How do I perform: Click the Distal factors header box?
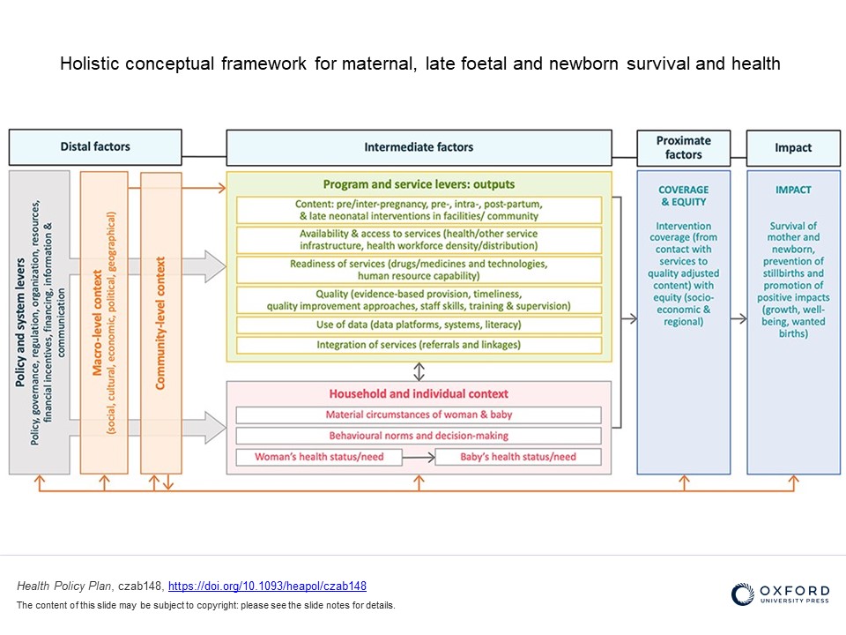(x=95, y=147)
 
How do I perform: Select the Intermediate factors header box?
(x=419, y=147)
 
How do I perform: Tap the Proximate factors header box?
(x=683, y=147)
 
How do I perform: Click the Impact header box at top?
(x=793, y=147)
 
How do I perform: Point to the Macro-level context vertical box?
(x=104, y=322)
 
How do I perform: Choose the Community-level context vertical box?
(x=160, y=322)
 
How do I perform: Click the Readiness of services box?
(x=419, y=270)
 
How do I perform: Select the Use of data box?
(x=419, y=325)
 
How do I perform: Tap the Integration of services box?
(x=419, y=345)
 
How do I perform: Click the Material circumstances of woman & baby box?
(x=419, y=415)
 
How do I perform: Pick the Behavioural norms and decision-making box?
(x=419, y=436)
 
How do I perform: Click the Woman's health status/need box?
(x=319, y=457)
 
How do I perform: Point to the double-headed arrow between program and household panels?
(x=419, y=371)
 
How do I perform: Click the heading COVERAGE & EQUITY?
(x=683, y=195)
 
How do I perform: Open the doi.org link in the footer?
(x=267, y=586)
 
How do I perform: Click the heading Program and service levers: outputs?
(x=419, y=184)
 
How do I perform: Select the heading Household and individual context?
(x=419, y=393)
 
